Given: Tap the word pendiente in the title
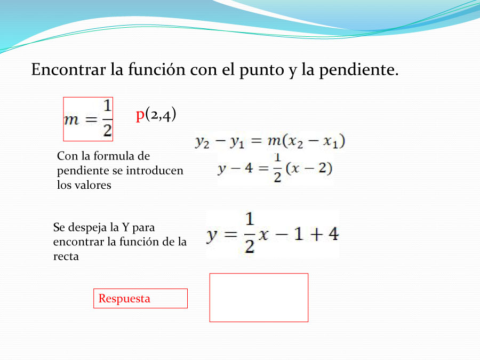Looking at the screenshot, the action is [x=359, y=70].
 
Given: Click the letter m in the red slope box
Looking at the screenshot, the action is [x=71, y=119].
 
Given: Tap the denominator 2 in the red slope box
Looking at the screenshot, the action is [x=107, y=130].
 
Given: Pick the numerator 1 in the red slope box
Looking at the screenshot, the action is [x=107, y=106].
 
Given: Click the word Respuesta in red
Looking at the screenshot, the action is [x=124, y=298].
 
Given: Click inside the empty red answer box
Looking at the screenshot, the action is [x=259, y=298].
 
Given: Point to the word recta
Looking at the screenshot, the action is [x=66, y=257].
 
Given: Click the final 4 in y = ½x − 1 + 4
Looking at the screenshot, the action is [x=333, y=234].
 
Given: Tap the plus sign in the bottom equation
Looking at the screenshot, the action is [x=317, y=234].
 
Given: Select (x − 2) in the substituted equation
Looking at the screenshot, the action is [x=309, y=168].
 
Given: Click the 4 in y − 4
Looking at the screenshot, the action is [x=249, y=168].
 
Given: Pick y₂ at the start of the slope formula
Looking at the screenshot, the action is [x=202, y=142].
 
